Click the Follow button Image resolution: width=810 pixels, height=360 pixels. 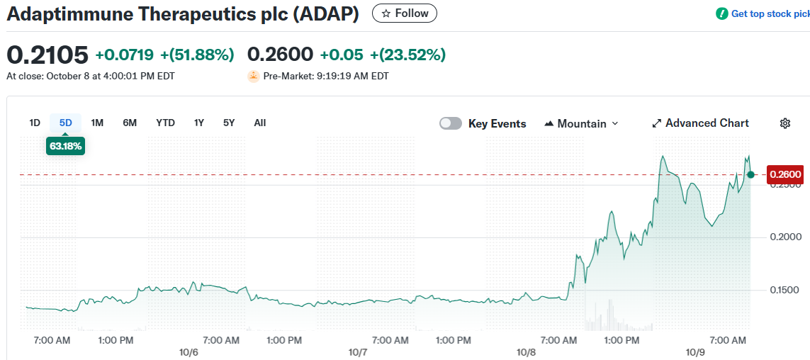click(x=405, y=13)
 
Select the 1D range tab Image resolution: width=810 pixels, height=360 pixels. click(x=35, y=123)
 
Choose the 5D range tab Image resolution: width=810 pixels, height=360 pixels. click(x=66, y=123)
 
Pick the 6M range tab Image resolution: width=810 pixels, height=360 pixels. click(x=130, y=123)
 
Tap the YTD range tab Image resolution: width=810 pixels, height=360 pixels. click(x=165, y=123)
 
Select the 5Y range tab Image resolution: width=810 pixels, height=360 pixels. click(x=229, y=123)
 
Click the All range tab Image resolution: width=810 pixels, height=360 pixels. click(x=260, y=123)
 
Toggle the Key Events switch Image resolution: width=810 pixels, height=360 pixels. click(x=451, y=123)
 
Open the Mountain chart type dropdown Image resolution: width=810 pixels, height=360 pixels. click(x=581, y=123)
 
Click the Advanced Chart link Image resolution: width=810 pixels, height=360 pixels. click(x=700, y=123)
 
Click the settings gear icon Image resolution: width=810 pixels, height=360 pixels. click(x=785, y=123)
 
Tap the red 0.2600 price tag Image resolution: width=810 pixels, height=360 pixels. click(x=785, y=174)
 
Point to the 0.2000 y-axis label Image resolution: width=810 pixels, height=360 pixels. click(x=785, y=237)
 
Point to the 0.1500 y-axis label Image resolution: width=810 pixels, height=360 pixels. click(x=785, y=290)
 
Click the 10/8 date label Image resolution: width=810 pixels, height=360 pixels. click(x=527, y=352)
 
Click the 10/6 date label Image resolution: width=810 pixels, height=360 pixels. click(x=189, y=352)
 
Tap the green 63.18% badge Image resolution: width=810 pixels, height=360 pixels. click(x=66, y=147)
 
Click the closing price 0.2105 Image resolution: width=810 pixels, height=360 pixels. click(x=47, y=55)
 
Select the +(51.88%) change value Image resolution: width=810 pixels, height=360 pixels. click(x=197, y=55)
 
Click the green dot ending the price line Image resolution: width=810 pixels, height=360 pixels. click(x=750, y=174)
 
